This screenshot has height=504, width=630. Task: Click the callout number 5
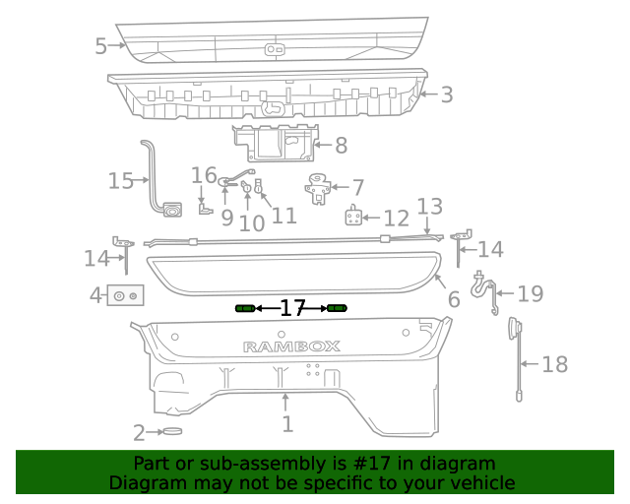(101, 46)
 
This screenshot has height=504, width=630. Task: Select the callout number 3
(446, 94)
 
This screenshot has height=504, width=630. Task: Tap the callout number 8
(341, 146)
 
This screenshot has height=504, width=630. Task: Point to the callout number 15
(120, 181)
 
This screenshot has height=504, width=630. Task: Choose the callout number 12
(396, 219)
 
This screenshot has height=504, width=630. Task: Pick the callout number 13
(430, 207)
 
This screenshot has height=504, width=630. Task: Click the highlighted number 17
(292, 309)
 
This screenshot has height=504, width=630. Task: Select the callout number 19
(531, 293)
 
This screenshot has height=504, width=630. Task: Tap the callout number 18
(555, 364)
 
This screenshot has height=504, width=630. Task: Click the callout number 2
(140, 431)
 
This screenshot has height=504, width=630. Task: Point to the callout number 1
(287, 424)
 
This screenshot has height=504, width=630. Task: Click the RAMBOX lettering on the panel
(291, 346)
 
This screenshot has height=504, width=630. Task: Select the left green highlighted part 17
(245, 309)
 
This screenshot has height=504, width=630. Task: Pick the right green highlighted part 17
(338, 309)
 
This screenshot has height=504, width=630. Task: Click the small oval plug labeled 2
(172, 431)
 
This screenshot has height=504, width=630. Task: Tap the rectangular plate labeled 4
(126, 294)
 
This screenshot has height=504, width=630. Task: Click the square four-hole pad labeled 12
(356, 218)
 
